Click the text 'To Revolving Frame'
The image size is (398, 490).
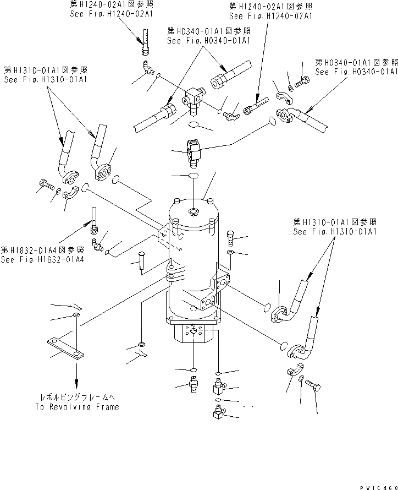coord(76,407)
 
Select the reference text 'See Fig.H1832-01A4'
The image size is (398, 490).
coord(43,260)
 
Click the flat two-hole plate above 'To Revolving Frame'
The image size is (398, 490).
coord(65,348)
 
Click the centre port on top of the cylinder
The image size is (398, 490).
coord(194,212)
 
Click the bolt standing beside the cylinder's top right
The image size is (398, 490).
coord(231,238)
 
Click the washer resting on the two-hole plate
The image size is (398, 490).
coord(75,315)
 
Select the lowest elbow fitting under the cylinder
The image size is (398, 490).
coord(216,412)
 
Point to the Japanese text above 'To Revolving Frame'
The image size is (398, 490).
coord(76,396)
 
